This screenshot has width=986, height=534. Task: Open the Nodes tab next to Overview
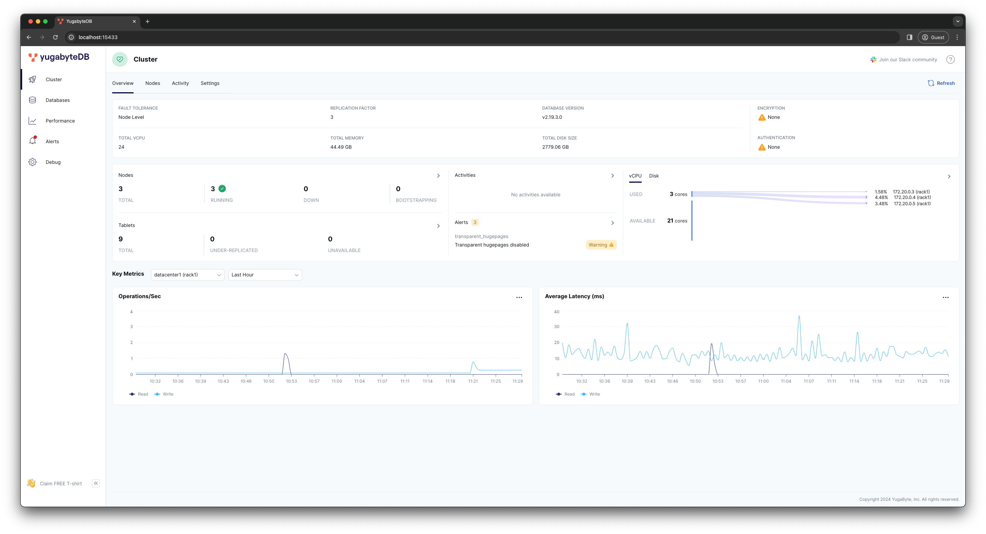[152, 83]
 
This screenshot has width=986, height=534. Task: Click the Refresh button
[941, 83]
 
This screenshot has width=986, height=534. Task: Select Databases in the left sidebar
[58, 100]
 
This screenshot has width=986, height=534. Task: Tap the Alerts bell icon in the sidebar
[32, 141]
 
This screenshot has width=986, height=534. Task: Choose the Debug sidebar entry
[53, 162]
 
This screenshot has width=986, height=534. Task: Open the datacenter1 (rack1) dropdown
[187, 275]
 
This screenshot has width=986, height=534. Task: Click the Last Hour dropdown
[265, 275]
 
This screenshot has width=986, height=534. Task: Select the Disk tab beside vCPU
[654, 176]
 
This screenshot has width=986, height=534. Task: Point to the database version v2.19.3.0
[552, 117]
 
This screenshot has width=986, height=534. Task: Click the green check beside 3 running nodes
[222, 188]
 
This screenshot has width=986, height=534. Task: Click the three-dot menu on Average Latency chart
[945, 297]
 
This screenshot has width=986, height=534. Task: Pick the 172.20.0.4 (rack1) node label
[912, 197]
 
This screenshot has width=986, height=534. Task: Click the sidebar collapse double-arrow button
[96, 483]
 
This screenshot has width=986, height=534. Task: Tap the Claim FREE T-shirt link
[61, 483]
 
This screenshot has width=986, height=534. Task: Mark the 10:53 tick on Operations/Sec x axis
[291, 381]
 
